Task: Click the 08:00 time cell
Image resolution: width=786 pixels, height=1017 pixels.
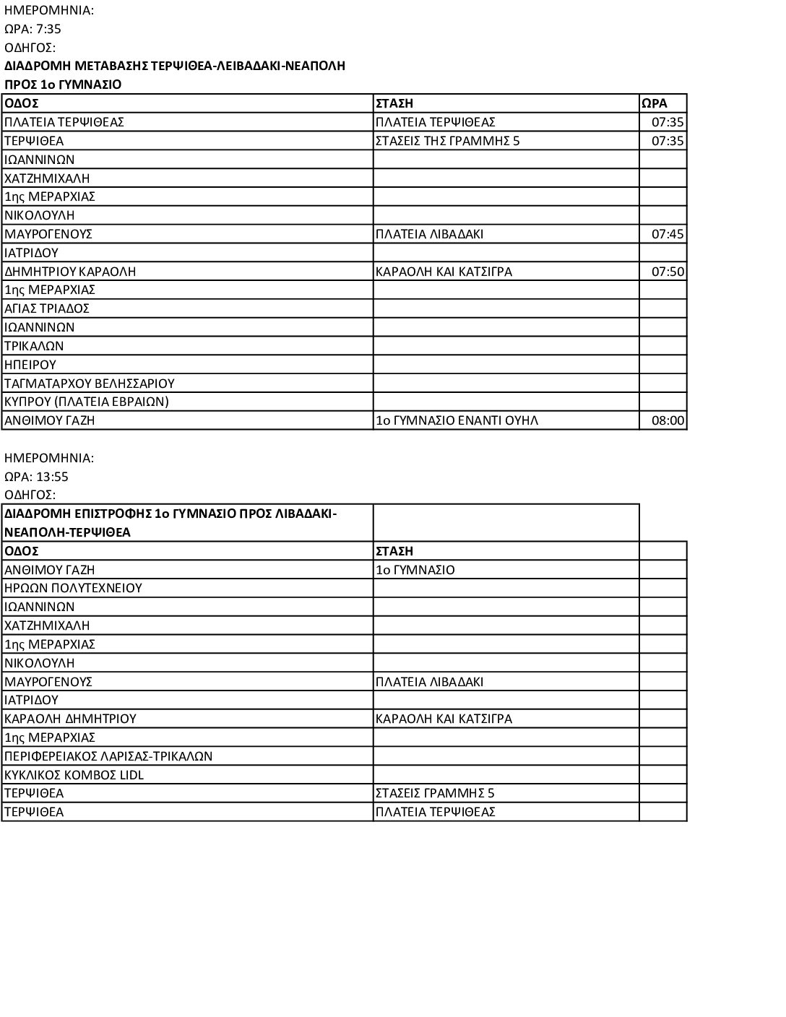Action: tap(668, 420)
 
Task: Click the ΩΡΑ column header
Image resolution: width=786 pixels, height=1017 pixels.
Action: tap(655, 103)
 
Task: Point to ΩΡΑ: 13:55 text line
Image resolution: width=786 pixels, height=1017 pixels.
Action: tap(37, 477)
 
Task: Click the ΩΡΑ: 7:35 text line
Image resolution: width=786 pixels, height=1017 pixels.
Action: tap(33, 29)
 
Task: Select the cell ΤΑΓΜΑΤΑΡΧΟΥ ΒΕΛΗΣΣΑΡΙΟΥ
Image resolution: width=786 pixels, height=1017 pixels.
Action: tap(90, 384)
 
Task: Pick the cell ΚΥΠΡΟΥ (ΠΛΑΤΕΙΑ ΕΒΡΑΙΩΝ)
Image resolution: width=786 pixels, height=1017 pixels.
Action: tap(87, 402)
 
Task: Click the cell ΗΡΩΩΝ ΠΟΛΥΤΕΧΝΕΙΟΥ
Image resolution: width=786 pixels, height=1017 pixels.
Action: tap(74, 588)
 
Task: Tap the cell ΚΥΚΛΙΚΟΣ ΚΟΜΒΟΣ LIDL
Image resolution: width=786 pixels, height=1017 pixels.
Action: tap(74, 775)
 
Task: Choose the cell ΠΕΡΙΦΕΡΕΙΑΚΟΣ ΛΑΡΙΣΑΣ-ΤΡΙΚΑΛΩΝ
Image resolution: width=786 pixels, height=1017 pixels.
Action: tap(108, 756)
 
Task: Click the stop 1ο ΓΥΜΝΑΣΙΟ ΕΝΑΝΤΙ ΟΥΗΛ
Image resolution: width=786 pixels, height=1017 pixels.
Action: tap(457, 420)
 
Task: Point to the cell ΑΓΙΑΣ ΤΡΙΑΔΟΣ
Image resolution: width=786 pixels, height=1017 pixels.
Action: tap(47, 308)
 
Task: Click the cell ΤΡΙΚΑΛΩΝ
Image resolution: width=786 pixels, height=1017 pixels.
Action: tap(35, 346)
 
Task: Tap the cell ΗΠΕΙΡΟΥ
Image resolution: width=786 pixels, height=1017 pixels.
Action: tap(30, 365)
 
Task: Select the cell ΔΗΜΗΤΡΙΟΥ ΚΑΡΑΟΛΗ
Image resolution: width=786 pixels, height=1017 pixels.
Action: tap(71, 272)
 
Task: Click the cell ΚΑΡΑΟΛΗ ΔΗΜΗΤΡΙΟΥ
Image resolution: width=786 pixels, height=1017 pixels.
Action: tap(71, 719)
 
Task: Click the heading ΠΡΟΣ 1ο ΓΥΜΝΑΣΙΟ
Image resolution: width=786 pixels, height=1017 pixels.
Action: tap(64, 85)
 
